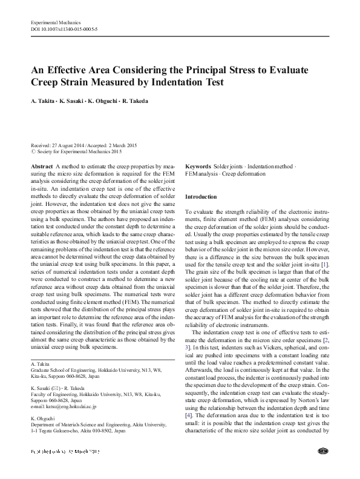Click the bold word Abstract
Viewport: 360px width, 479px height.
41,166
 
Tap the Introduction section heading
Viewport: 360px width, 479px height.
200,197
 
